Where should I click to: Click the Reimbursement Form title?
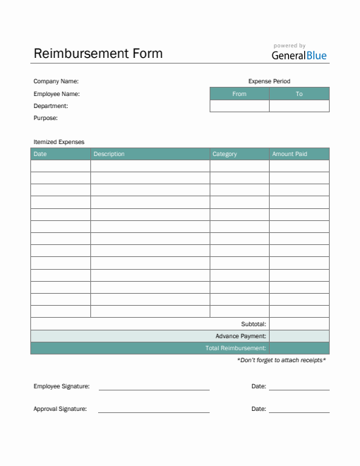(x=98, y=54)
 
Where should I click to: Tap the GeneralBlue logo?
(x=299, y=55)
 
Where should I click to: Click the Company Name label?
(x=56, y=81)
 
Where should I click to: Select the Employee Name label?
(x=56, y=94)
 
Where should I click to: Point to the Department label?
(x=51, y=106)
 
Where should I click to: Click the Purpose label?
(x=46, y=118)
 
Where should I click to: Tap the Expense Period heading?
(x=269, y=81)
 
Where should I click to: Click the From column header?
(x=239, y=94)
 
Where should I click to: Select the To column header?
(x=299, y=94)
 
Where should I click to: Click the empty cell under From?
(x=239, y=106)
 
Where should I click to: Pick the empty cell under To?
(x=299, y=106)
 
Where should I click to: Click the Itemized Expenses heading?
(x=59, y=142)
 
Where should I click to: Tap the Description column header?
(x=109, y=154)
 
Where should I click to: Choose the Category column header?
(x=224, y=154)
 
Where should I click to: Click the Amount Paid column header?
(x=289, y=154)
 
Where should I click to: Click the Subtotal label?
(x=253, y=324)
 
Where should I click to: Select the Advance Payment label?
(x=241, y=336)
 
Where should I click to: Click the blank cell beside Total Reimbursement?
(x=299, y=348)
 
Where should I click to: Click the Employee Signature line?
(x=154, y=388)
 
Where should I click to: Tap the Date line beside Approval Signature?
(x=299, y=410)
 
